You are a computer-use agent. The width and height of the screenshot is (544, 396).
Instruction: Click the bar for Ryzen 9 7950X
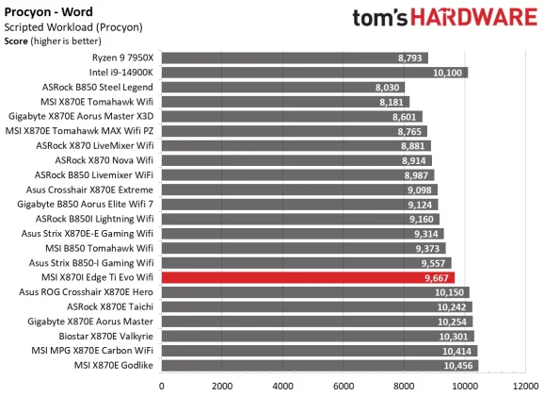(x=295, y=58)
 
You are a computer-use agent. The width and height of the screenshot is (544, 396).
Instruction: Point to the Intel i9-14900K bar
(x=314, y=72)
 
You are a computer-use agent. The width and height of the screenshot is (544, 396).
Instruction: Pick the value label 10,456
(x=456, y=366)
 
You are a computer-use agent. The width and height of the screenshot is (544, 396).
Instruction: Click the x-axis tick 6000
(x=344, y=386)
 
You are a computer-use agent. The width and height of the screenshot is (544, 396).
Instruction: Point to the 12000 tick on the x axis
(x=524, y=386)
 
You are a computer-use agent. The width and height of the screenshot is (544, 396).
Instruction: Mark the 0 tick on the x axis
(x=162, y=386)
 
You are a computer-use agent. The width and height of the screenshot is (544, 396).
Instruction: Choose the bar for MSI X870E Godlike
(x=319, y=366)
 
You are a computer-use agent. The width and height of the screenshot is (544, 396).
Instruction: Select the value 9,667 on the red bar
(x=436, y=278)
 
